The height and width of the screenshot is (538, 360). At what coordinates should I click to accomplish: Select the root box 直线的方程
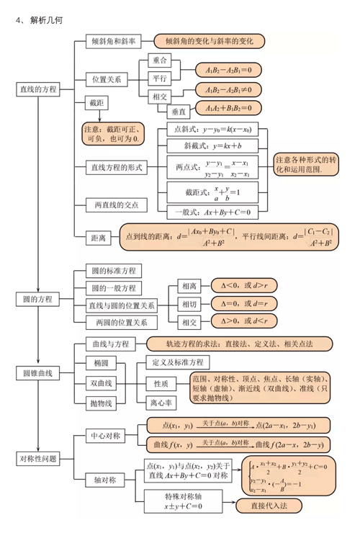[x=37, y=89]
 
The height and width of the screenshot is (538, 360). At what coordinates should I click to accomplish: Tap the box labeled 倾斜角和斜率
[x=114, y=42]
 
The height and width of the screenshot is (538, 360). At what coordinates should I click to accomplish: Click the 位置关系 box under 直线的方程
[x=106, y=79]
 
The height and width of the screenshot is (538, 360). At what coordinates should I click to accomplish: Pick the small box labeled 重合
[x=160, y=60]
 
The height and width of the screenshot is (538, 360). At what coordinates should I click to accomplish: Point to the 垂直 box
[x=178, y=112]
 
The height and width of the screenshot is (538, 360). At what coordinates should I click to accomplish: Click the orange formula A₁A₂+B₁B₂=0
[x=228, y=109]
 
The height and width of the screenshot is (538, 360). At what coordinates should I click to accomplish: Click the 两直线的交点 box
[x=116, y=205]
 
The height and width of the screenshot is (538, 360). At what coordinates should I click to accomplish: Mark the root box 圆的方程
[x=37, y=298]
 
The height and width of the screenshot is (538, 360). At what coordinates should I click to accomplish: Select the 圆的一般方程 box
[x=113, y=288]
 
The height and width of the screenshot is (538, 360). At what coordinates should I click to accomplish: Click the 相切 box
[x=189, y=304]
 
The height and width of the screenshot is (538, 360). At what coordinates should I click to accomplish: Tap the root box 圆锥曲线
[x=37, y=373]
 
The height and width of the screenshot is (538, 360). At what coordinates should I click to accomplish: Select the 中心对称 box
[x=105, y=436]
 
